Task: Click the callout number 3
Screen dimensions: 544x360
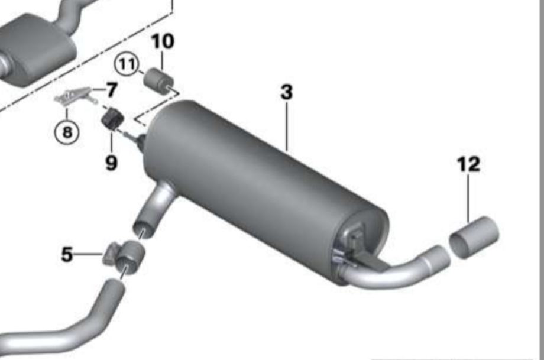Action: (x=287, y=92)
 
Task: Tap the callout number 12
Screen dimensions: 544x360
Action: (x=469, y=164)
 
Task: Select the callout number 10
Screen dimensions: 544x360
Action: (x=163, y=41)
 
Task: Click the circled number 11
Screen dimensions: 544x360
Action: (x=127, y=64)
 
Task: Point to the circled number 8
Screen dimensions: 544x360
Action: (x=67, y=132)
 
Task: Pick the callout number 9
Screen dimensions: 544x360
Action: (x=111, y=163)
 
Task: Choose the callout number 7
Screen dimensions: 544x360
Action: (x=111, y=90)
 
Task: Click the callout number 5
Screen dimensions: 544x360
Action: (x=67, y=255)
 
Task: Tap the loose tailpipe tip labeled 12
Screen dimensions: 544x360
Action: (x=474, y=237)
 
